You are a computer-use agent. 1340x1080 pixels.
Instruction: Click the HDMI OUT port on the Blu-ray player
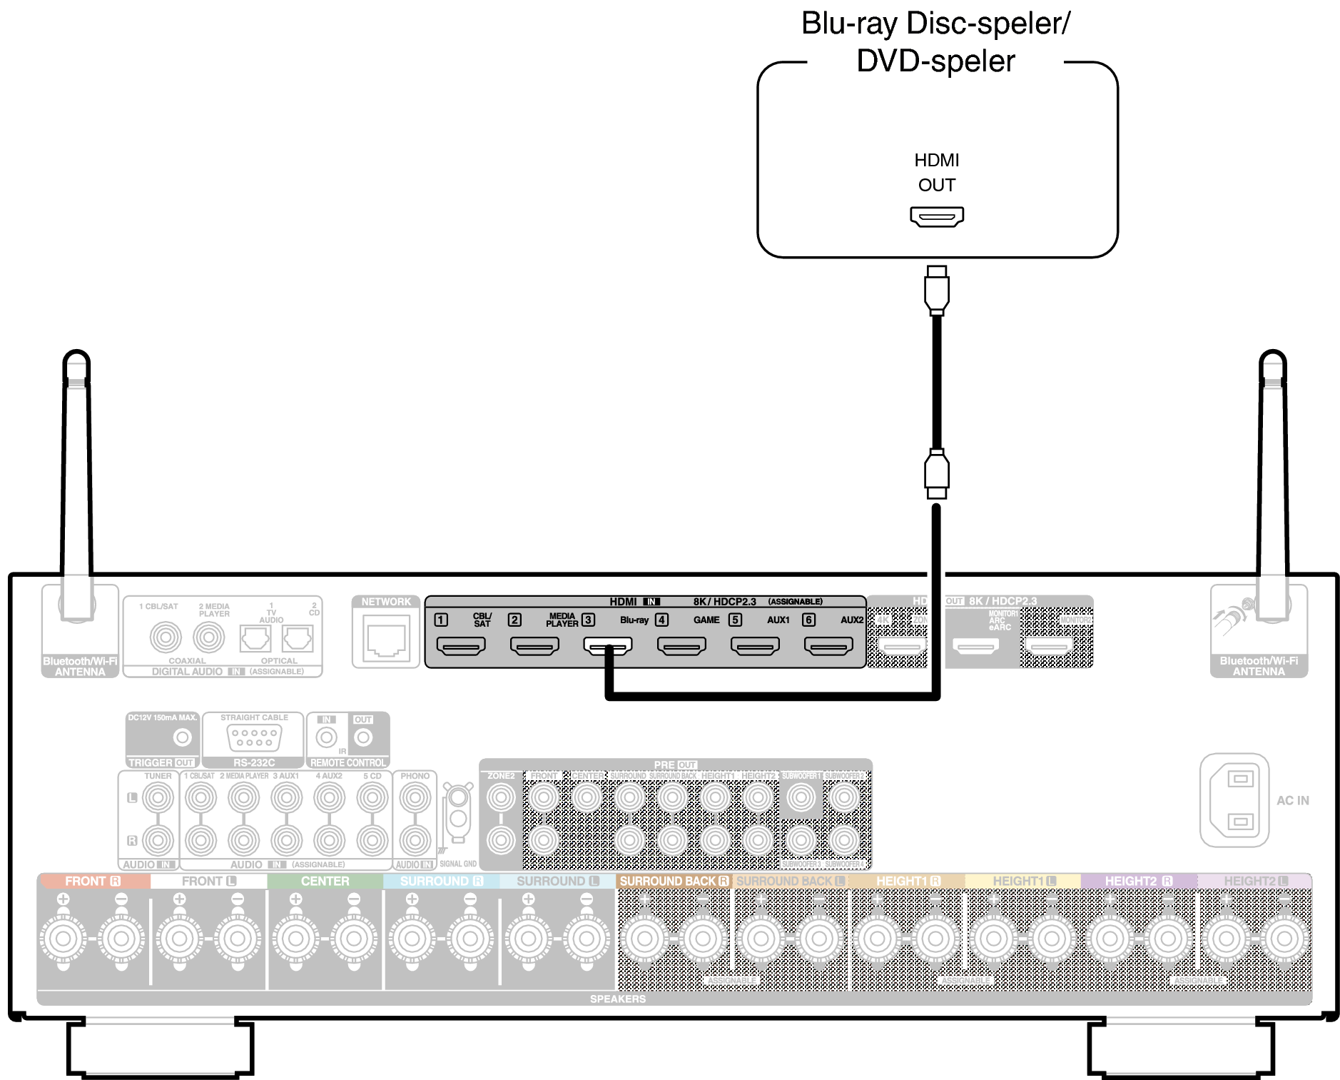936,216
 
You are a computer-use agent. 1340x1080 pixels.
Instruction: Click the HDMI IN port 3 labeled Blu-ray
607,646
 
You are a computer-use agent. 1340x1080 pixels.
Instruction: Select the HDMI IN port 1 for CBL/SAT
461,647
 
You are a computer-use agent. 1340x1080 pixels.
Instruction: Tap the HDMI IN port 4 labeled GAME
681,647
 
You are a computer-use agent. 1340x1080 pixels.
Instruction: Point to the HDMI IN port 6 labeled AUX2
828,647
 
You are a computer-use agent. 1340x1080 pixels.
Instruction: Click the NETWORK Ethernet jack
386,640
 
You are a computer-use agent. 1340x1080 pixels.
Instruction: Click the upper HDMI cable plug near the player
936,291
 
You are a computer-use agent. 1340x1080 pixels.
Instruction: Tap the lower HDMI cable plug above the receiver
936,473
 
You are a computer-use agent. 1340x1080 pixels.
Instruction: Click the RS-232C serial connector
254,737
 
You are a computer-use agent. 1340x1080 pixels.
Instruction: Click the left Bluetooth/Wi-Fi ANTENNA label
80,666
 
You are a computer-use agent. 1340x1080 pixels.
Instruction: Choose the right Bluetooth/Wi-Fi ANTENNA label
1259,666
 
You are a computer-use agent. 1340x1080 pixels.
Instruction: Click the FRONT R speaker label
93,881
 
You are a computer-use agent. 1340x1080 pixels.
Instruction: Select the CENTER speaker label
325,881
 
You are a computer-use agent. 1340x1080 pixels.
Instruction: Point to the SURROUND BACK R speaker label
674,881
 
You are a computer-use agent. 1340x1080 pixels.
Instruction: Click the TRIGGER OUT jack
183,737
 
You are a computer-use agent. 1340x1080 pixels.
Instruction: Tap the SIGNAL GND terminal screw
458,796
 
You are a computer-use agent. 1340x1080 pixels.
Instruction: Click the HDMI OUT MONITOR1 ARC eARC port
975,647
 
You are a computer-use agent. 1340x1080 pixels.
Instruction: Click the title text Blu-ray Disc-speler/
935,24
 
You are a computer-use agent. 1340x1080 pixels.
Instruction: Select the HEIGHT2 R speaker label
1138,881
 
